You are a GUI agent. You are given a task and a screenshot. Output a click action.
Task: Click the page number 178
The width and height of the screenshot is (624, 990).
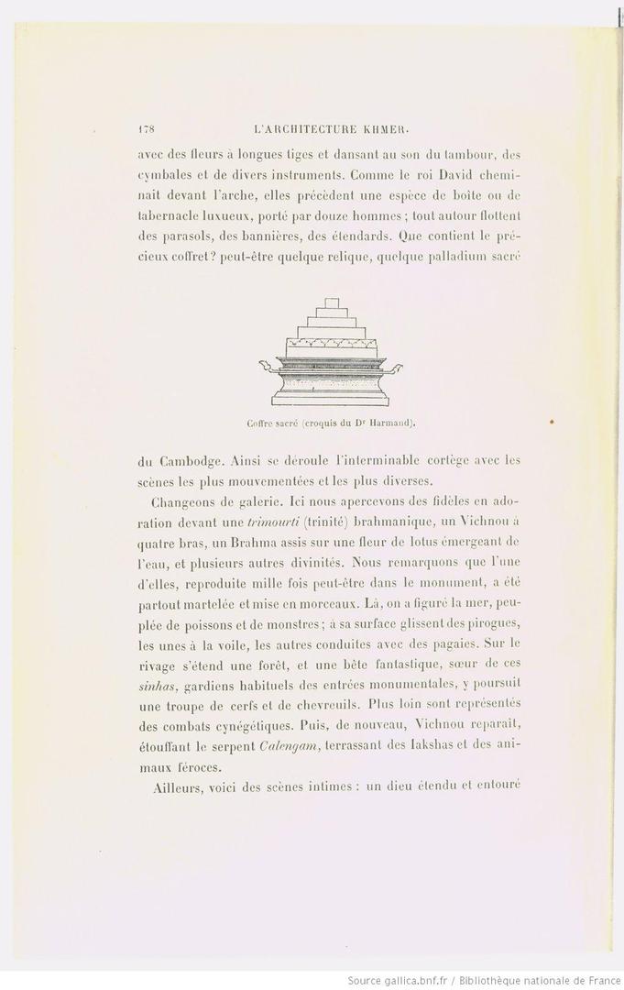point(145,129)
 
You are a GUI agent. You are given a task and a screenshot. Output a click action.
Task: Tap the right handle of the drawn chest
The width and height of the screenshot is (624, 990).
point(391,368)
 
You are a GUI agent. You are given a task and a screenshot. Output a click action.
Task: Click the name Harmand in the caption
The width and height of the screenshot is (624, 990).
point(395,423)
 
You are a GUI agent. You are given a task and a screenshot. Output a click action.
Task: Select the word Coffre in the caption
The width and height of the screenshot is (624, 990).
point(260,423)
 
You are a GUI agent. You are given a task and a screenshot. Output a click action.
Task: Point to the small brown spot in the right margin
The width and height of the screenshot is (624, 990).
point(552,421)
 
